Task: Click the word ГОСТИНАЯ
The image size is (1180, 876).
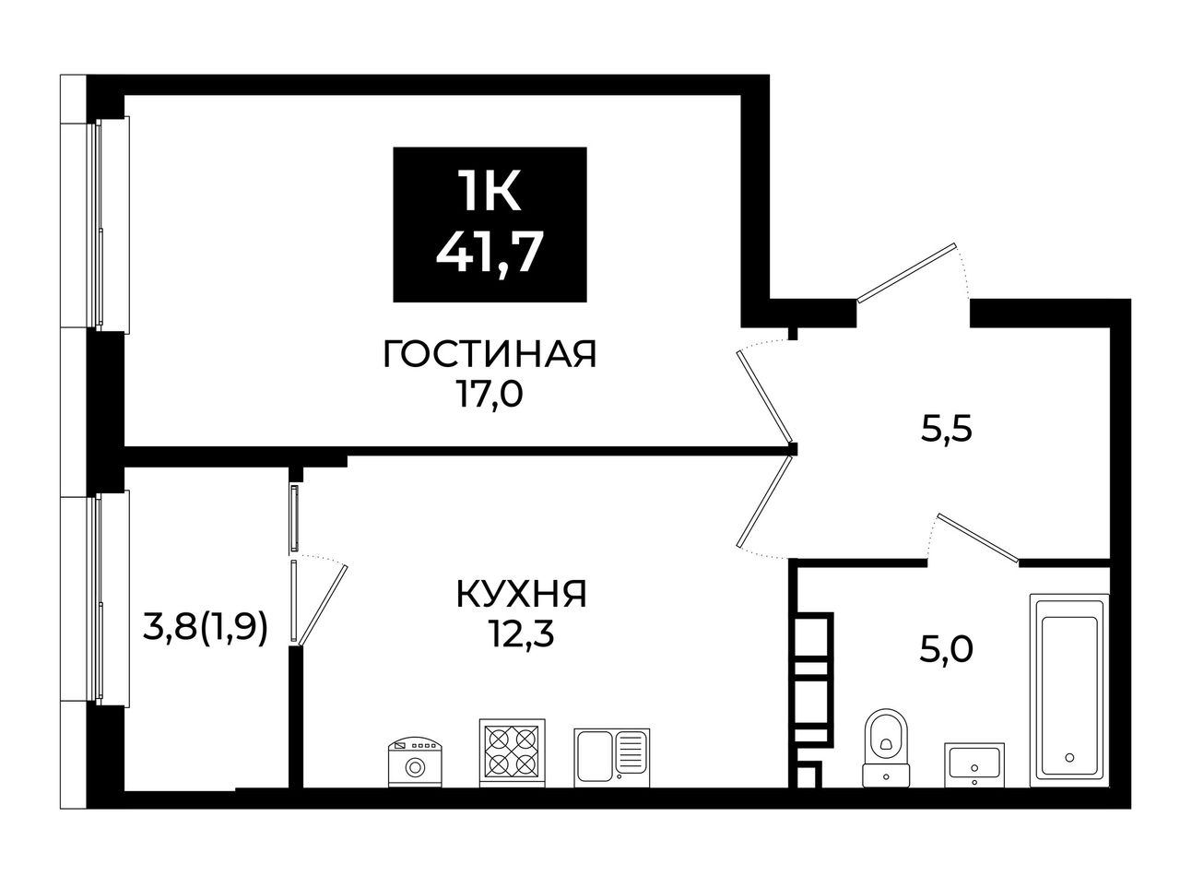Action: [x=490, y=354]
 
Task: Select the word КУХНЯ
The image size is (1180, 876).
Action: [x=522, y=594]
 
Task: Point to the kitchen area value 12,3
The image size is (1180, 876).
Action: [x=522, y=634]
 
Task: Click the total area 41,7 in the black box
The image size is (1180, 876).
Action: [x=490, y=254]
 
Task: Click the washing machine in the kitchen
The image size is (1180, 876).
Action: [x=415, y=762]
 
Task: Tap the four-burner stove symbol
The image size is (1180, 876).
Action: [x=512, y=752]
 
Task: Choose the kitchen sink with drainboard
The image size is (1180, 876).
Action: [x=612, y=757]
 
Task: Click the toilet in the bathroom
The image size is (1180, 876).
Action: [x=886, y=748]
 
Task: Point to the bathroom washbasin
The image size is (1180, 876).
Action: [x=974, y=764]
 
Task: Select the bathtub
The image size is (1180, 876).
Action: [x=1069, y=690]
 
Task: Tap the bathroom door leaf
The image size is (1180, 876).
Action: [x=978, y=539]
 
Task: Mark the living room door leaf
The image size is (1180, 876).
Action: [x=764, y=397]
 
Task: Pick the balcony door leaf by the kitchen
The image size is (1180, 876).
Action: [x=323, y=605]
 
